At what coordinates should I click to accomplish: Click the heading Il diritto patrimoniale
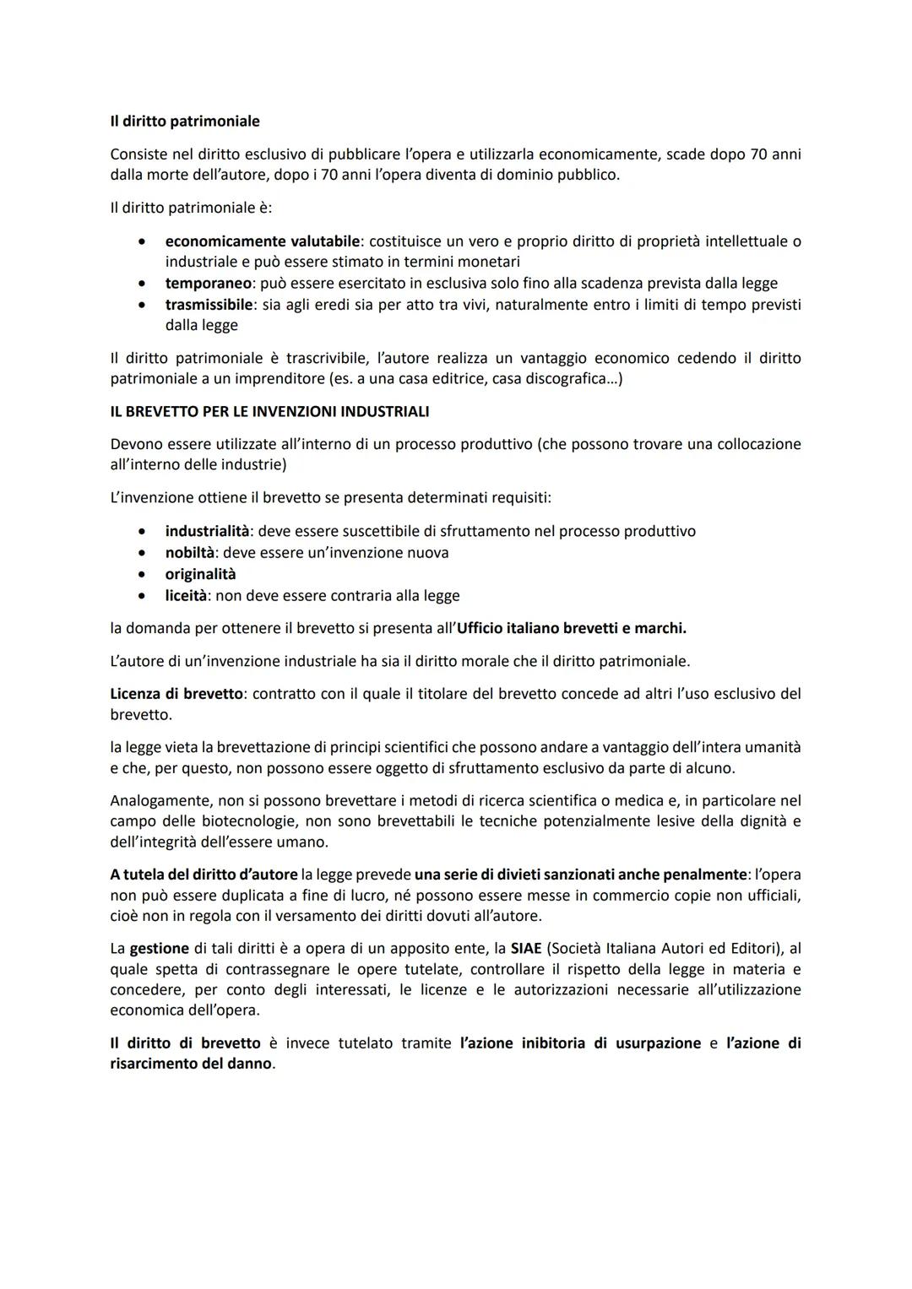coord(185,122)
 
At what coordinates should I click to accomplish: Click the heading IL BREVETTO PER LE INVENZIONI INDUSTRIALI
coord(269,412)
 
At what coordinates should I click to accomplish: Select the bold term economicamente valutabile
coord(262,241)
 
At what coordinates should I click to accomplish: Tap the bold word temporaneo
coord(208,284)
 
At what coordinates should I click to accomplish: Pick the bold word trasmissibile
coord(209,305)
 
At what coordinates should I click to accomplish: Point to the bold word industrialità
coord(207,532)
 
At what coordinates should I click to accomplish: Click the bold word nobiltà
coord(191,553)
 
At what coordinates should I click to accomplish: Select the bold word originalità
coord(200,574)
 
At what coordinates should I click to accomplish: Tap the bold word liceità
coord(186,596)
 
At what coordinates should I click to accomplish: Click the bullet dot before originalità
coord(143,575)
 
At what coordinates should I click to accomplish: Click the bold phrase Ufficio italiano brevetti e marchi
coord(571,629)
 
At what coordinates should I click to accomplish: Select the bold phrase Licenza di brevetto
coord(176,694)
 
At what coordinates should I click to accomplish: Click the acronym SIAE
coord(526,949)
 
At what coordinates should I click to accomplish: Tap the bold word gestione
coord(159,949)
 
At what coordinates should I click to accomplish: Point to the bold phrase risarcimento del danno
coord(191,1064)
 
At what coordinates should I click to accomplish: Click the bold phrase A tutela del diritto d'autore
coord(204,875)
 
